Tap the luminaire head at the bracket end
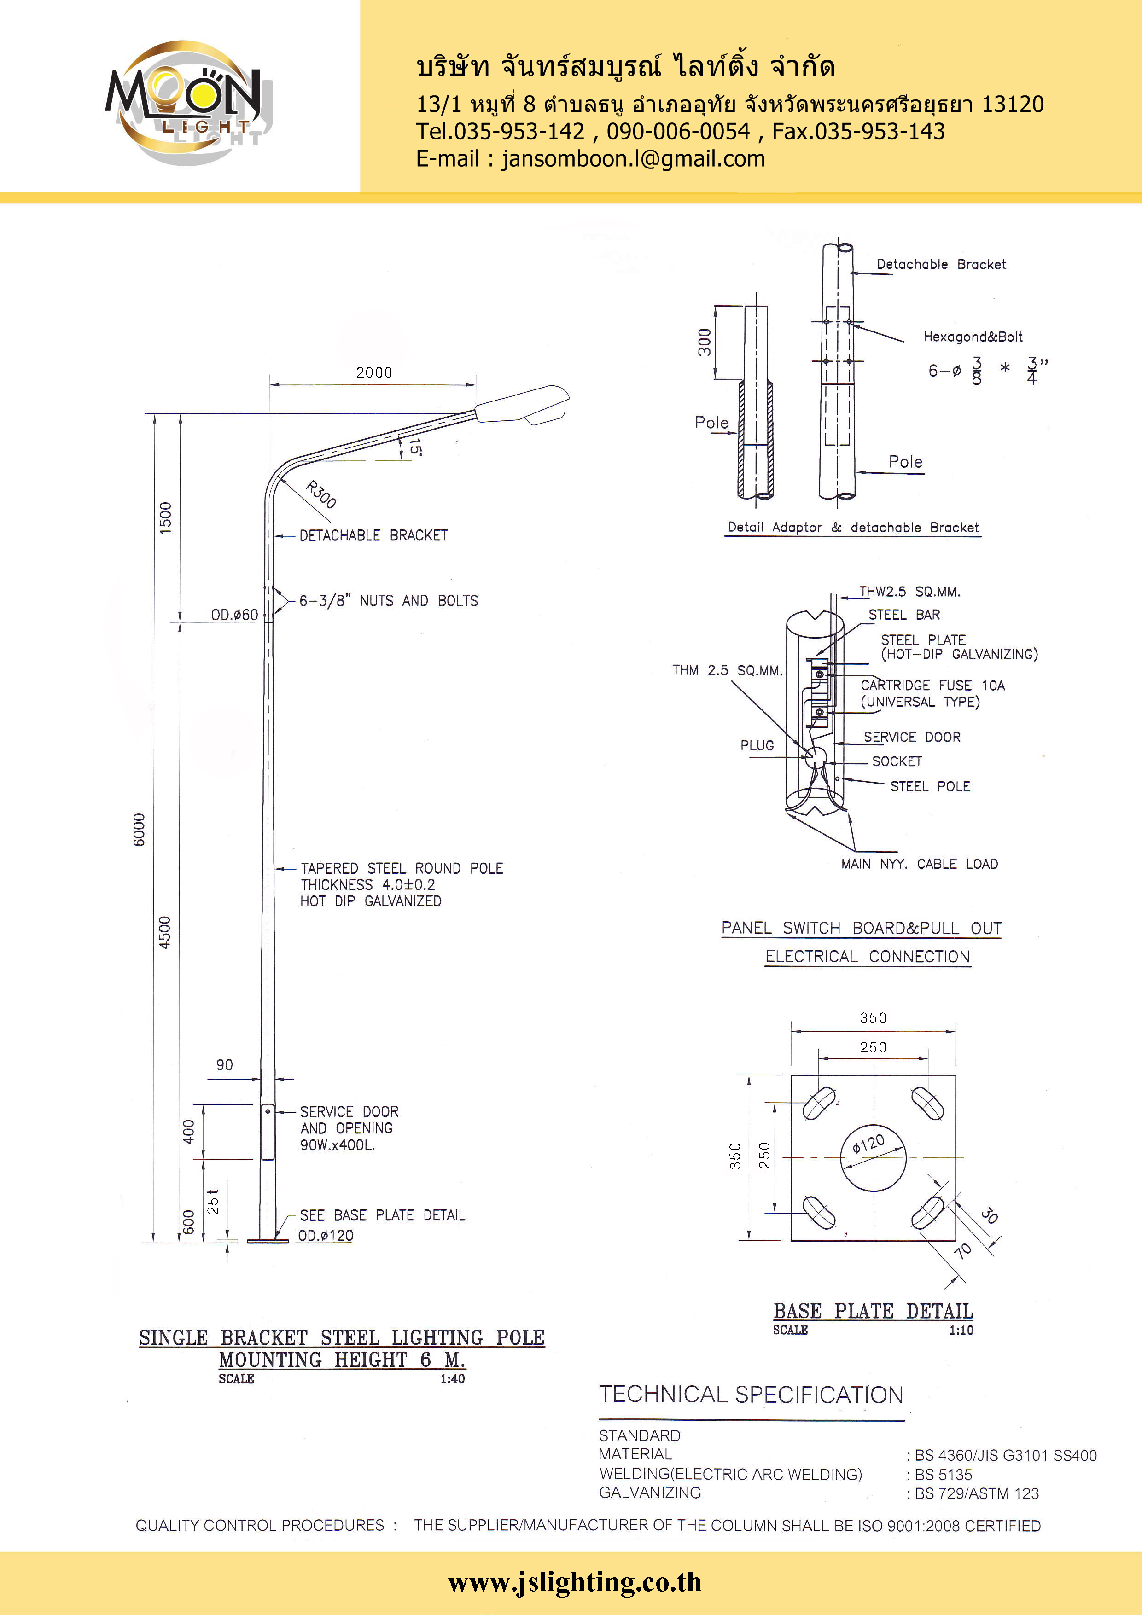[x=522, y=405]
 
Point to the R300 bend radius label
[x=321, y=494]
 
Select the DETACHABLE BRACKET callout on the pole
[x=373, y=535]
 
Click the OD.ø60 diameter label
[x=234, y=615]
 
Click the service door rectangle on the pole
[x=268, y=1132]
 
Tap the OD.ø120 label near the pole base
[x=325, y=1235]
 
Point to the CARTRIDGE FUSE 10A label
[x=932, y=685]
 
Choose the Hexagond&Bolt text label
[x=973, y=337]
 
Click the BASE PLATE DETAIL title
[x=873, y=1311]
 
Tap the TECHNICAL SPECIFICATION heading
[x=751, y=1395]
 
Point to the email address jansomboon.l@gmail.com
[x=633, y=159]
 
